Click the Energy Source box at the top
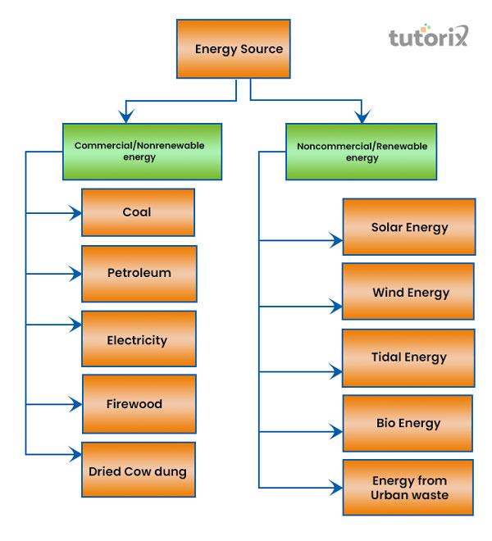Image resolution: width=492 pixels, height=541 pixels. tap(234, 49)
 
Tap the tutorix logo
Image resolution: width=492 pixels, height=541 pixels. tap(427, 37)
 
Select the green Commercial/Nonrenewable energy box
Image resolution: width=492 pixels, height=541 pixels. tap(142, 151)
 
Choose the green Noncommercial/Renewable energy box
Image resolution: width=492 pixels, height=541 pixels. tap(361, 152)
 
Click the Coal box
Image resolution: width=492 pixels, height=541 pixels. tap(138, 212)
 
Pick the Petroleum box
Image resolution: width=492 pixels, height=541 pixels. tap(139, 273)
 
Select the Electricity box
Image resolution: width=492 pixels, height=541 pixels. tap(139, 339)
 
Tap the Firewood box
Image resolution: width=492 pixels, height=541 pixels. tap(139, 403)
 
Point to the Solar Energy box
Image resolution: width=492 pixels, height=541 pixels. tap(408, 227)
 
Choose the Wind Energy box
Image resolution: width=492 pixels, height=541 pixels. tap(408, 292)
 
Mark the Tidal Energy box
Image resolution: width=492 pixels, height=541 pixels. tap(408, 357)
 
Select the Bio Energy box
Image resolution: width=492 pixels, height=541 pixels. tap(408, 423)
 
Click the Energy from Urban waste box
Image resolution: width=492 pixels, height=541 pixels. tap(408, 488)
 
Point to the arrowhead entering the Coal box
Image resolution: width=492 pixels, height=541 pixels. tap(76, 213)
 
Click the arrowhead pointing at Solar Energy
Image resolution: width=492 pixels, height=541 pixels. tap(336, 241)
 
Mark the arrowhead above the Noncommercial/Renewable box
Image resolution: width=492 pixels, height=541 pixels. tap(360, 116)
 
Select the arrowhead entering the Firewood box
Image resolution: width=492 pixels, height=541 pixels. tap(76, 404)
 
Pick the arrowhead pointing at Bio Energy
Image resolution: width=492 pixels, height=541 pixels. tap(336, 431)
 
